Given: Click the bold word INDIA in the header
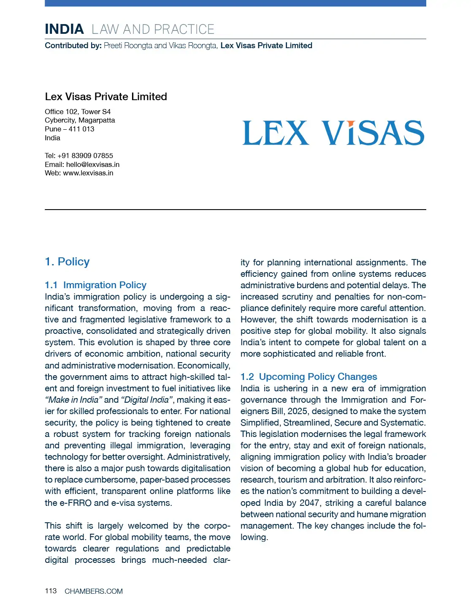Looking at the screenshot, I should pos(64,29).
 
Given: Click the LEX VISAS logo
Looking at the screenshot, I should pos(333,133).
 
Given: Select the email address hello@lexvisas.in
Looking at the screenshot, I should pos(93,164).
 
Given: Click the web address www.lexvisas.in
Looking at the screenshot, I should pos(88,173).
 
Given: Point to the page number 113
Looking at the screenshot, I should pos(51,591).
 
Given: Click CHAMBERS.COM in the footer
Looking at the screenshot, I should pos(94,591).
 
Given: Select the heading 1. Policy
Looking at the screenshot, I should pos(67,262).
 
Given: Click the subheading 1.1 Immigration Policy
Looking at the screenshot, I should pos(96,285).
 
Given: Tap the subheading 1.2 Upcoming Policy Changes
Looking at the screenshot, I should pos(309,377).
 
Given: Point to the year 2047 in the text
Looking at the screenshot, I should pos(309,503).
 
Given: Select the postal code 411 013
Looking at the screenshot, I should pos(81,129).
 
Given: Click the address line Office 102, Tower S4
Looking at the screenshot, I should pos(78,112).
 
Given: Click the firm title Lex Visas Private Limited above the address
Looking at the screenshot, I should pos(106,97).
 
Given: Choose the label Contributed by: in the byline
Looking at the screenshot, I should pos(73,46).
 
